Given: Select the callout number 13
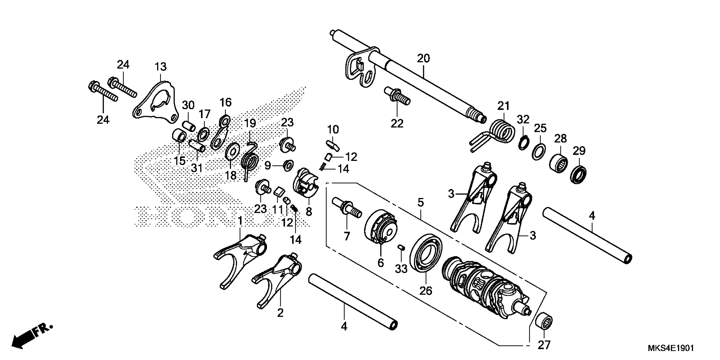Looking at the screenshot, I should pos(161,67).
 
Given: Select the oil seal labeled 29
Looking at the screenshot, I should pos(578,174).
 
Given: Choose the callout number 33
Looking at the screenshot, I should pos(401,269).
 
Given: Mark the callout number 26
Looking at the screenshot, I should pos(425,291).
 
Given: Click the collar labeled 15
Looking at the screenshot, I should pos(179,136).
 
